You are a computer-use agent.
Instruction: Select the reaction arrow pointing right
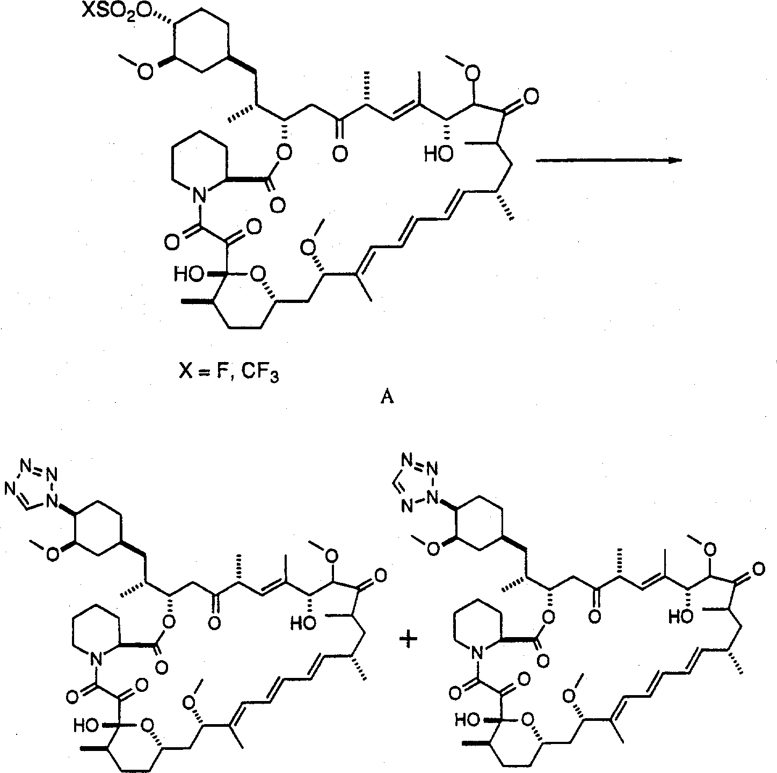[608, 160]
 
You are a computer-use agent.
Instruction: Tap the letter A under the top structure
[387, 398]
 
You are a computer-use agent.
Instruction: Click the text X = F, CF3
[229, 373]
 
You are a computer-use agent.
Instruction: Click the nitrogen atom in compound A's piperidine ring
[198, 197]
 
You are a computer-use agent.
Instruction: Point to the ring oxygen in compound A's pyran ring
[257, 276]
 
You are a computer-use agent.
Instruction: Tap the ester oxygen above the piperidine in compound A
[285, 153]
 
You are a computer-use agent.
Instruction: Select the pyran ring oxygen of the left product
[147, 726]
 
